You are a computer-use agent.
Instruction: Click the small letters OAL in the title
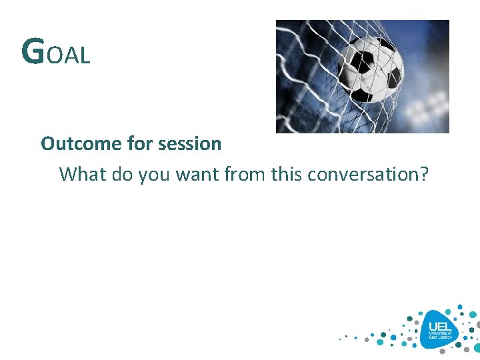(69, 56)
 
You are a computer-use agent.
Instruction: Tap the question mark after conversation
(424, 175)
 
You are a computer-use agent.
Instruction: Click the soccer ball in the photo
(371, 68)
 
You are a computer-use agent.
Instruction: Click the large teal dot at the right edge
(475, 326)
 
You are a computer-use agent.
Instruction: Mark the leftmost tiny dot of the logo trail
(340, 338)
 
